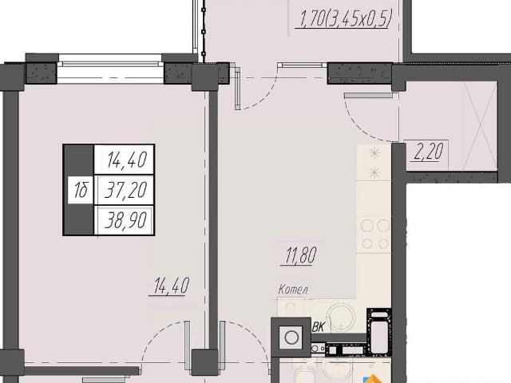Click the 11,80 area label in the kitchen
tap(301, 255)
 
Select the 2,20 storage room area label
tap(428, 152)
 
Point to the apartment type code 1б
tap(81, 190)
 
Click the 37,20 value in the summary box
tap(125, 190)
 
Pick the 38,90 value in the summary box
tap(125, 220)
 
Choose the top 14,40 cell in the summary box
tap(127, 160)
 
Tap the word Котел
tap(293, 289)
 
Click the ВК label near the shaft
tap(318, 327)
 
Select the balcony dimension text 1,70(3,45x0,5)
tap(346, 18)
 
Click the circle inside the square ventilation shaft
tap(291, 338)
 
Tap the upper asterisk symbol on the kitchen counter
tap(374, 153)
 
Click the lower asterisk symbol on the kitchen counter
tap(374, 172)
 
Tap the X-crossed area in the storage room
tap(481, 126)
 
